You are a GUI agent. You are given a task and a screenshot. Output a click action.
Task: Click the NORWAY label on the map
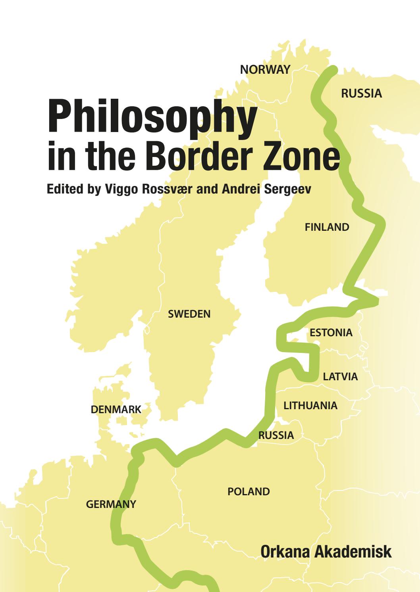(266, 70)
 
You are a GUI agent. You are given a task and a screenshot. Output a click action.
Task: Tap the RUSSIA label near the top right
(361, 94)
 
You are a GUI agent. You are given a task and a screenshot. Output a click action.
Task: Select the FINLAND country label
(327, 227)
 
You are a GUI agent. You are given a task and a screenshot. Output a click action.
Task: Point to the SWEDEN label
(189, 314)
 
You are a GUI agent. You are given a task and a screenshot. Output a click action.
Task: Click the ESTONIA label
(331, 333)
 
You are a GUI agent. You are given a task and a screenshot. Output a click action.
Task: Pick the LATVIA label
(340, 377)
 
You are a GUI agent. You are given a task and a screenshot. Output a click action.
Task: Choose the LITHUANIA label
(310, 406)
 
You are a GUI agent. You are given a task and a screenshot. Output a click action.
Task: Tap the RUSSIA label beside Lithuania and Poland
(276, 435)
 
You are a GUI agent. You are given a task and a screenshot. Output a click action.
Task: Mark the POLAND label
(249, 492)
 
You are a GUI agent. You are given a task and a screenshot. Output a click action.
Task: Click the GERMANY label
(111, 504)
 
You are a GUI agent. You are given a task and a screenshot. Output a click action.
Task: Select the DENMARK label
(116, 410)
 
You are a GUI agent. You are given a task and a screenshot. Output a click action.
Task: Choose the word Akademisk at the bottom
(350, 552)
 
